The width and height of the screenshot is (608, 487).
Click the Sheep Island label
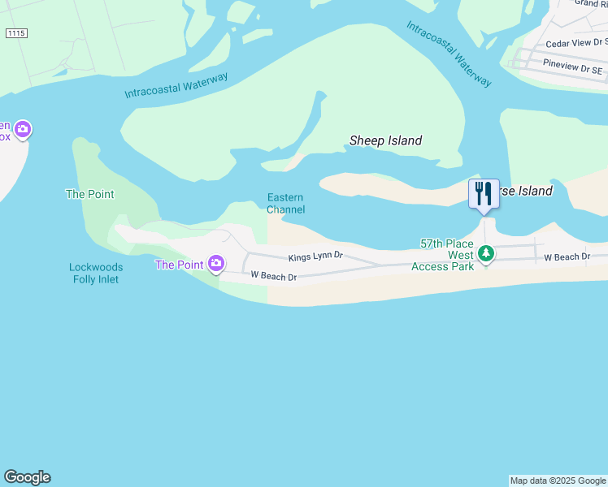(385, 140)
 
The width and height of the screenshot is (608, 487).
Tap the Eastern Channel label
(285, 204)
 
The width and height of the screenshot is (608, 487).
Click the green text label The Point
(89, 195)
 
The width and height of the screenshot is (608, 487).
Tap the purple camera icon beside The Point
(216, 263)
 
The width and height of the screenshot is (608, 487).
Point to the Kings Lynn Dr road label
(316, 257)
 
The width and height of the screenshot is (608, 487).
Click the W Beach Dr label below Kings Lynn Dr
(274, 276)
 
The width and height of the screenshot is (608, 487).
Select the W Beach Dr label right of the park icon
(566, 257)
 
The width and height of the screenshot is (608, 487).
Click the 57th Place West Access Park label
(446, 255)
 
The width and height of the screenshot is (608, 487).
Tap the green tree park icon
(485, 254)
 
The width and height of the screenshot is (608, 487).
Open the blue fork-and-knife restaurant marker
(484, 194)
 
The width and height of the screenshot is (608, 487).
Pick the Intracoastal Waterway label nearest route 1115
(176, 85)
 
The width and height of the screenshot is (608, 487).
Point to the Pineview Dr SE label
(572, 71)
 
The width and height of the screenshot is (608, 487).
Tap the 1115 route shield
(15, 32)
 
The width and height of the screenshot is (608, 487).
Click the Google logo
(27, 477)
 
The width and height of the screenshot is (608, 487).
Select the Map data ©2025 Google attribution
(558, 481)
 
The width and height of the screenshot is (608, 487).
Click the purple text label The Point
(179, 265)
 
